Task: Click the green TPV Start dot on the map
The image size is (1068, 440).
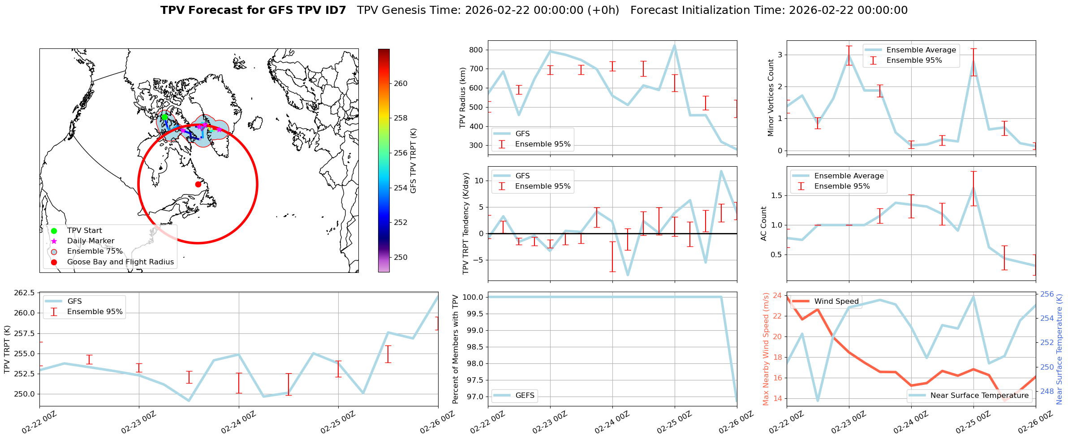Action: point(164,117)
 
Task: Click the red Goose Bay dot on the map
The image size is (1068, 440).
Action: point(198,184)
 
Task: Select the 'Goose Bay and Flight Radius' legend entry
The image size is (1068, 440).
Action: point(120,262)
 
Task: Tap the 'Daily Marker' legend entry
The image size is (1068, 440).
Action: point(90,241)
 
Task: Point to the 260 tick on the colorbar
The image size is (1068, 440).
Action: point(400,83)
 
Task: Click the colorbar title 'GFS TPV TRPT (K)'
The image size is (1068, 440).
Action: point(413,160)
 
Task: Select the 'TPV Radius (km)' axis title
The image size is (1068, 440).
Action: point(463,98)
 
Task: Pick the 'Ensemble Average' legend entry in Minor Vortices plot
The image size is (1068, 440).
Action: point(921,50)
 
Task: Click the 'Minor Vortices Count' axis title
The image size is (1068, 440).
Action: point(771,98)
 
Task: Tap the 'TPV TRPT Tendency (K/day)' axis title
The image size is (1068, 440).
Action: point(466,223)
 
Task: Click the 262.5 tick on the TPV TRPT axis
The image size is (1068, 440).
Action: point(25,293)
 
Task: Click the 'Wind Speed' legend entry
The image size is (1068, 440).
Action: point(836,302)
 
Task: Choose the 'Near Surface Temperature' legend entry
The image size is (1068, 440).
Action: point(979,396)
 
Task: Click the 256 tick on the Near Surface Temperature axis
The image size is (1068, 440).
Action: point(1047,294)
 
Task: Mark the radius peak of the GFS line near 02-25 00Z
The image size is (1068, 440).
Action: point(674,45)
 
